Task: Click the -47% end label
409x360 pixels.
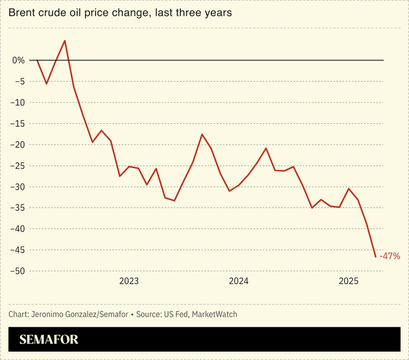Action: [x=390, y=256]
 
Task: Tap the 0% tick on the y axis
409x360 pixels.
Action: [x=18, y=60]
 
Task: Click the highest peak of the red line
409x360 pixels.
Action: [x=65, y=40]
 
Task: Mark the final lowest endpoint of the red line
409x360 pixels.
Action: [x=376, y=257]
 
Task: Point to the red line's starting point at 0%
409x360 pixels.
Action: [x=37, y=60]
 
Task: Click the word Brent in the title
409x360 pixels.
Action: [x=20, y=12]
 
